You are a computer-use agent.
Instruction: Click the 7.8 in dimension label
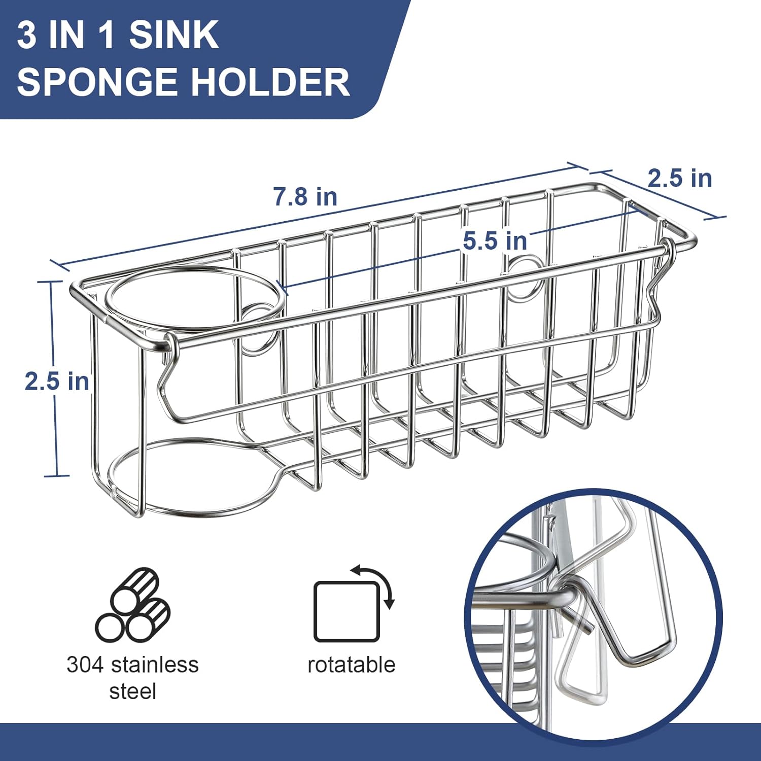click(x=305, y=196)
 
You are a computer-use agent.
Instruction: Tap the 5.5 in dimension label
click(x=495, y=240)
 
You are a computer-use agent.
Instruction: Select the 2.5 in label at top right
click(x=680, y=178)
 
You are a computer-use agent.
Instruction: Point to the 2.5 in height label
click(x=57, y=381)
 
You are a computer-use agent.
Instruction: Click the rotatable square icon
click(x=347, y=611)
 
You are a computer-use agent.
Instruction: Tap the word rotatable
click(x=351, y=665)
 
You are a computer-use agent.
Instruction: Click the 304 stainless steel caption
click(x=132, y=678)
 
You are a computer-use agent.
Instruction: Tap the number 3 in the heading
click(x=27, y=35)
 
